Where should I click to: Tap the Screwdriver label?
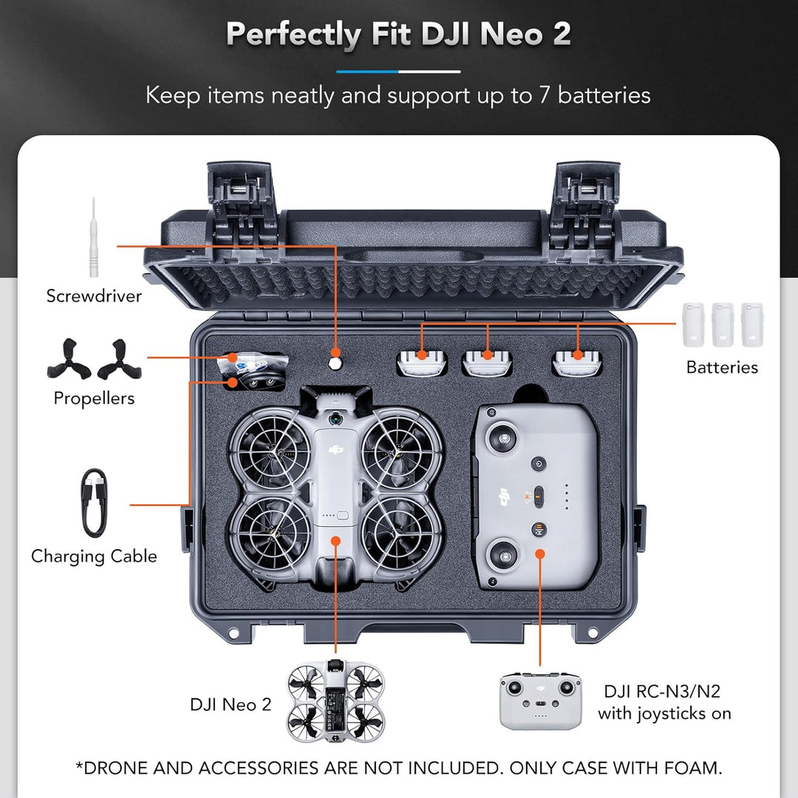(x=94, y=296)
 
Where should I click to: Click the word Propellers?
(x=94, y=398)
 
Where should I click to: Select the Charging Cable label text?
(x=94, y=556)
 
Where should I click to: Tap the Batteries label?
(x=722, y=367)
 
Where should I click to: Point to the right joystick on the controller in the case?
(x=505, y=551)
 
